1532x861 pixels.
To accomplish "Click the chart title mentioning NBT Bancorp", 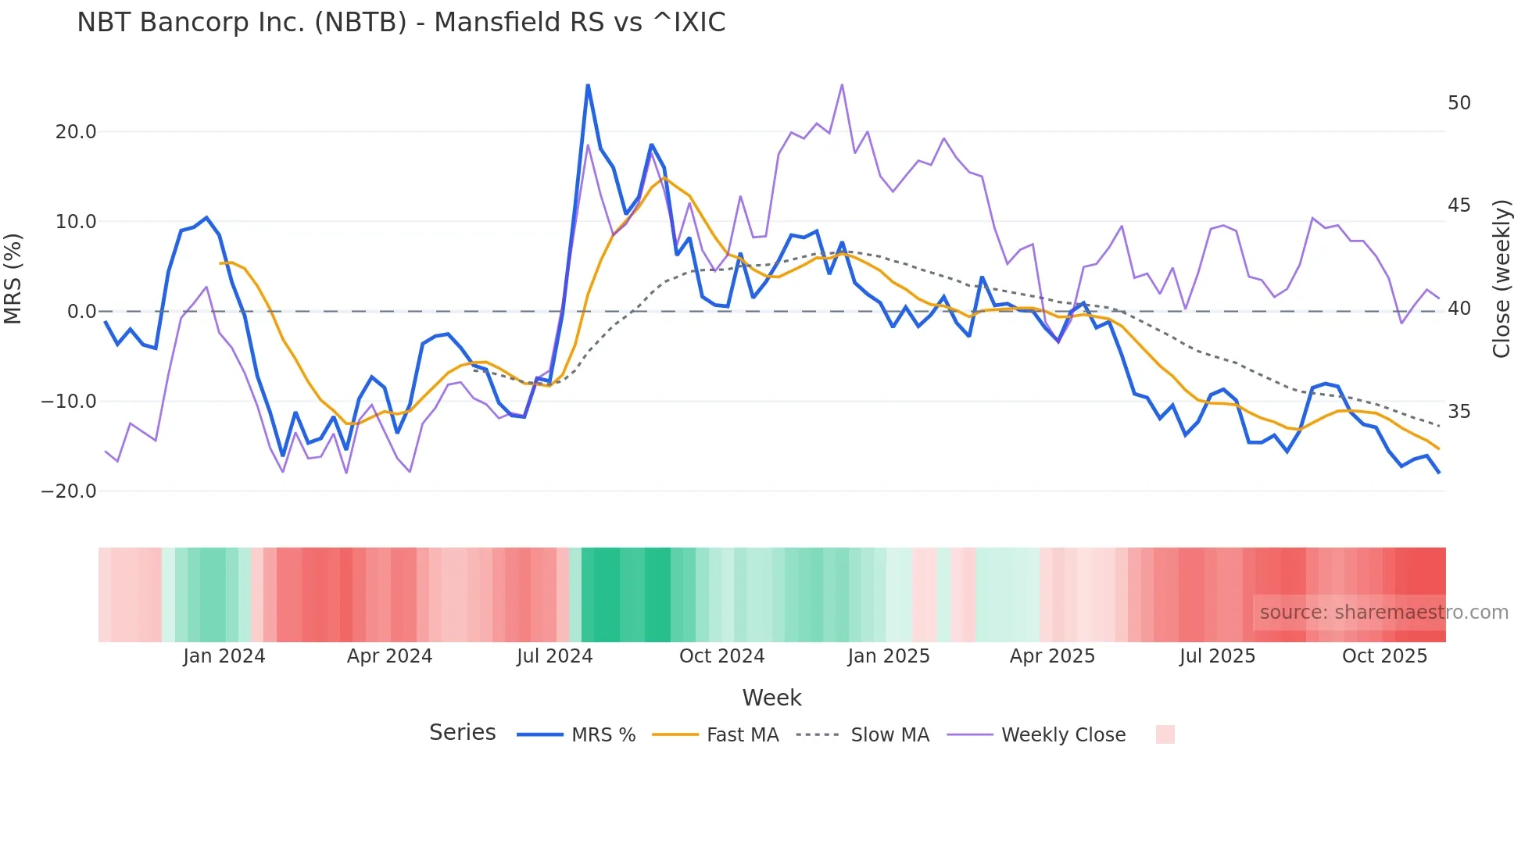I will click(401, 23).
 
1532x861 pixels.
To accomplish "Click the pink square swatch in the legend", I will click(1165, 734).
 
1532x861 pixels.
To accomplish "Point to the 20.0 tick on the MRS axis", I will click(76, 132).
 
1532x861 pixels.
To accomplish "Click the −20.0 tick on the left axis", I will click(70, 491).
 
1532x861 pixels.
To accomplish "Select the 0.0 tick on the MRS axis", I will click(82, 312).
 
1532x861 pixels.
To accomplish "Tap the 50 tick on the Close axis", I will click(1459, 103).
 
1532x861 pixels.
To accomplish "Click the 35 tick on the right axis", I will click(1459, 412).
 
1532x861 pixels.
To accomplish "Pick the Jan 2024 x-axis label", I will click(224, 656).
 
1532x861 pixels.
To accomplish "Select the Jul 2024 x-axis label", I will click(555, 656).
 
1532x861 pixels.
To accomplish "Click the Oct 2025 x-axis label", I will click(1384, 656).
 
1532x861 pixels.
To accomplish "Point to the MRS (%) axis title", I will click(13, 279).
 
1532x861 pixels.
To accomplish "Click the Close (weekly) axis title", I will click(1502, 279).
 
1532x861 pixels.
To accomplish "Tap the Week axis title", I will click(771, 698).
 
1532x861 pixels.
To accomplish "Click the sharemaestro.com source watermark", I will click(1383, 613).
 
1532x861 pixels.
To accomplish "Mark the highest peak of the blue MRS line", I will click(588, 85).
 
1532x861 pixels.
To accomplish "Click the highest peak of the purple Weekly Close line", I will click(842, 84).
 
